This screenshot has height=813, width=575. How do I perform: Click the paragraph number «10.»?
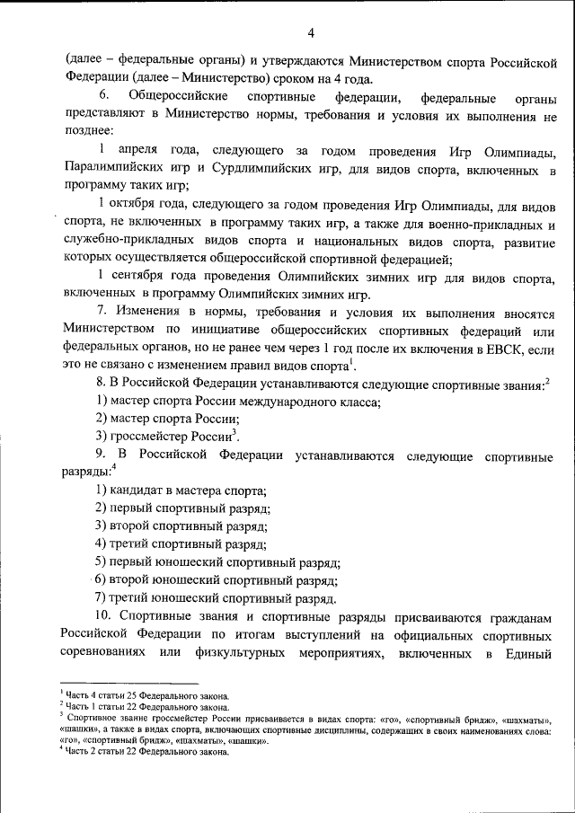105,617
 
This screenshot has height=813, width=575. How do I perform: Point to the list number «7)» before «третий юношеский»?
102,598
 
